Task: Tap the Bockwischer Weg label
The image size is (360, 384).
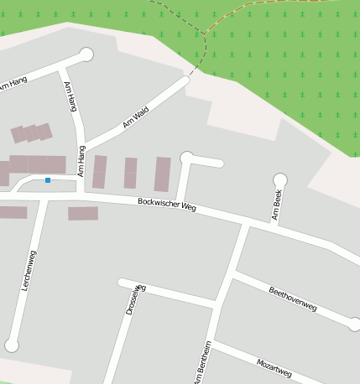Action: point(167,204)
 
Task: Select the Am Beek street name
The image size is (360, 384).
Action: point(277,205)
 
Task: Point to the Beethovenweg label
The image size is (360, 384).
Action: point(292,299)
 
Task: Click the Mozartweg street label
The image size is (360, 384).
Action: point(274,366)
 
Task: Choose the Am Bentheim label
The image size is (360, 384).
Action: point(202,363)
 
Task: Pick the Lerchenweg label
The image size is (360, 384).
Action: point(28,270)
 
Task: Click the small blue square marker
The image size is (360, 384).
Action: point(48,180)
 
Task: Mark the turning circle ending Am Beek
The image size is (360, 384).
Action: point(280,179)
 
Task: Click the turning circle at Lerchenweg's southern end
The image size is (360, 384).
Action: point(12,345)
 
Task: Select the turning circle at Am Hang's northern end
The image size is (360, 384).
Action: point(86,54)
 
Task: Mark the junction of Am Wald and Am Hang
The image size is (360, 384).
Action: point(82,144)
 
